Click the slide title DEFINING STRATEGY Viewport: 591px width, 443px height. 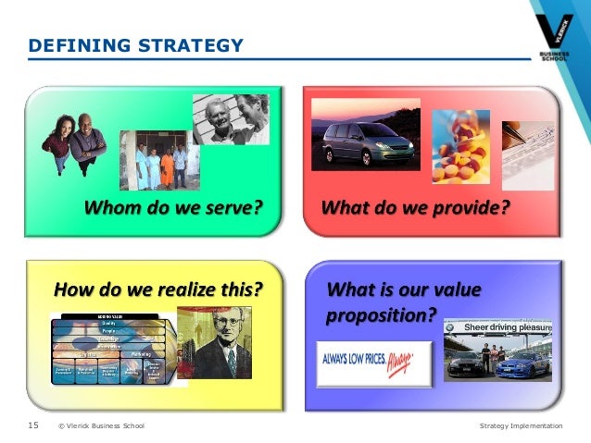[x=135, y=44]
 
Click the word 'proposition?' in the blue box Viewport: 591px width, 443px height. [x=381, y=314]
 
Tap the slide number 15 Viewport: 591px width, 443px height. [x=32, y=425]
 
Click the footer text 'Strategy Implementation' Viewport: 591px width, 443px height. [x=521, y=425]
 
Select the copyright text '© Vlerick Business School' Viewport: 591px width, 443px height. [x=101, y=425]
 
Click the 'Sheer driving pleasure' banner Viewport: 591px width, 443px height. [x=499, y=327]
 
